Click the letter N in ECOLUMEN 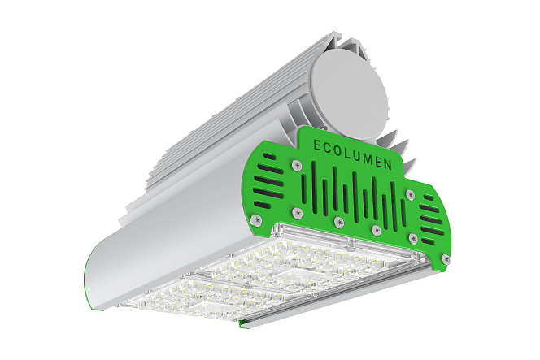[x=387, y=165]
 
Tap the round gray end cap [x=349, y=98]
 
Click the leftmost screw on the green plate [x=255, y=219]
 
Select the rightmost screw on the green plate [x=446, y=258]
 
